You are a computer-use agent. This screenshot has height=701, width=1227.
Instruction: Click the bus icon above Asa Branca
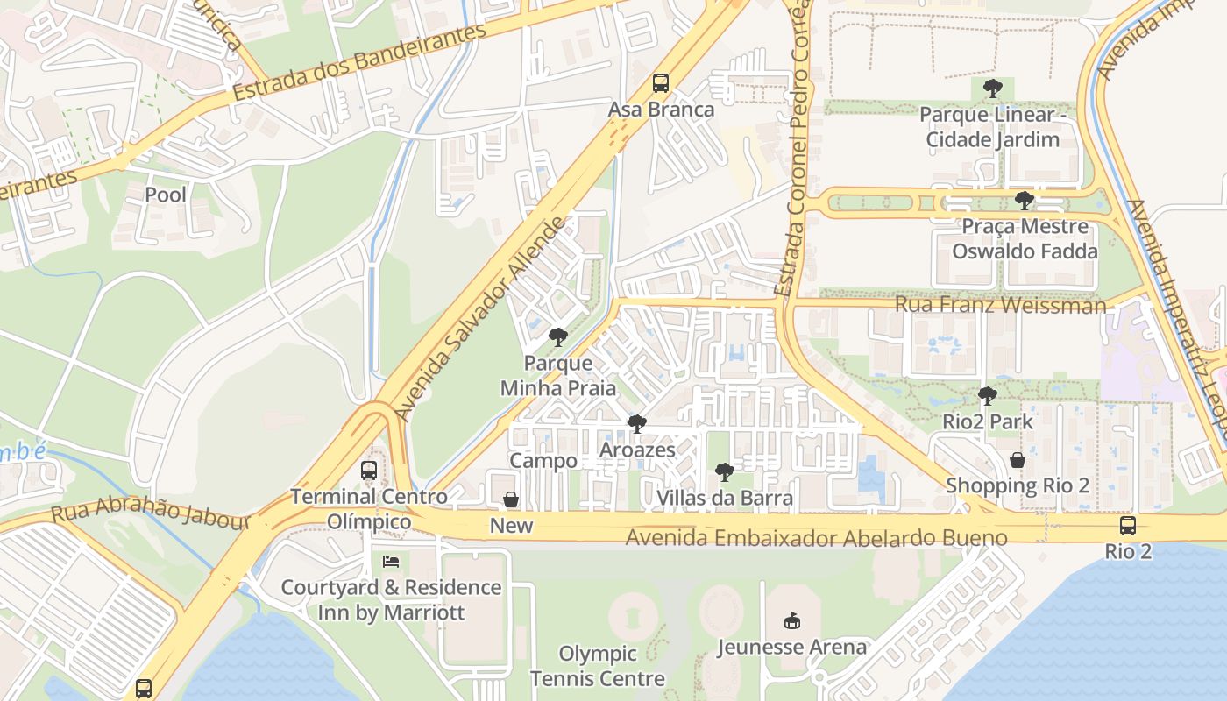point(661,84)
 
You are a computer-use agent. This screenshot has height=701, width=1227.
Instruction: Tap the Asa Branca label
point(662,110)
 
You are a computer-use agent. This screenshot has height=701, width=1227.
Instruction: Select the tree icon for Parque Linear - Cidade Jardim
point(992,89)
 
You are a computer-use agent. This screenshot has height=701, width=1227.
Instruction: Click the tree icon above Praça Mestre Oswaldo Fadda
point(1024,201)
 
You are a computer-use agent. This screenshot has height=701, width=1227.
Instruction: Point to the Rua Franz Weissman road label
point(1000,305)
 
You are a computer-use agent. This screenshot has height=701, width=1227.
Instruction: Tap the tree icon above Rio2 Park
point(987,396)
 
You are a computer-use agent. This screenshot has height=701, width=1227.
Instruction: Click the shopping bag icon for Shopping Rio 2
point(1018,460)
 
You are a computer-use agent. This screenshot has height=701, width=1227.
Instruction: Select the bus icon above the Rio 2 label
point(1127,526)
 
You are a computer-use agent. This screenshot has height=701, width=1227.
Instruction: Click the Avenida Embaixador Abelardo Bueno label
point(816,537)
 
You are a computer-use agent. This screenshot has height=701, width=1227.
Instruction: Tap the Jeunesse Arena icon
point(792,620)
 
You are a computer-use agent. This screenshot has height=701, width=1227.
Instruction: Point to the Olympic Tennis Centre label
point(597,666)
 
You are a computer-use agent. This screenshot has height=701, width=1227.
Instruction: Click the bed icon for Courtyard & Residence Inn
point(391,561)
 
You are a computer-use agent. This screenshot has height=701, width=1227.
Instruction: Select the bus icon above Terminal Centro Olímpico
point(369,471)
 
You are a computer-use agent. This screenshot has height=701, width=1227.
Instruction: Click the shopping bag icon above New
point(511,499)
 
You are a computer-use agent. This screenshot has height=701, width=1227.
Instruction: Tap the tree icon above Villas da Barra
point(724,473)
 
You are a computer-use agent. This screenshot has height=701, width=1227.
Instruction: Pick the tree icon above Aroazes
point(637,424)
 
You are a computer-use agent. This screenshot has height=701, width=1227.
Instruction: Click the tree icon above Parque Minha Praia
point(557,337)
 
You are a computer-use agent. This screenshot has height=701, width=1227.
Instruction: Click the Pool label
point(166,195)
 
